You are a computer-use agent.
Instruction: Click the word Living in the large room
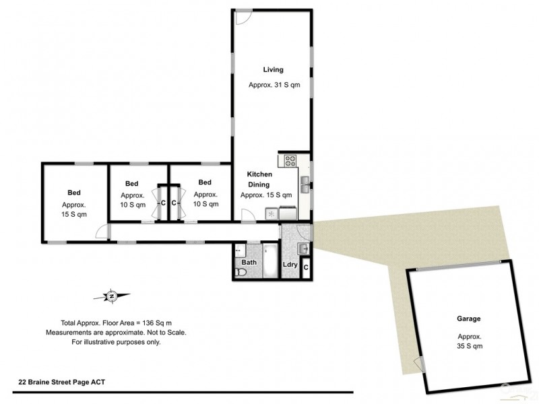pos(273,69)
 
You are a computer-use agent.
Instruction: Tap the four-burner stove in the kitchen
pos(290,161)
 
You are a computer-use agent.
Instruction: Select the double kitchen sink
pos(305,181)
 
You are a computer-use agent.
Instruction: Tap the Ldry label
pos(290,265)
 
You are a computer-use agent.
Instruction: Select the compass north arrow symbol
pos(113,295)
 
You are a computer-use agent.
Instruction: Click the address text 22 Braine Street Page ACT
pos(61,382)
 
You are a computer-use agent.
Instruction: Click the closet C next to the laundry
pos(306,268)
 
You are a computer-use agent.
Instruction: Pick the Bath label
pos(249,262)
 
